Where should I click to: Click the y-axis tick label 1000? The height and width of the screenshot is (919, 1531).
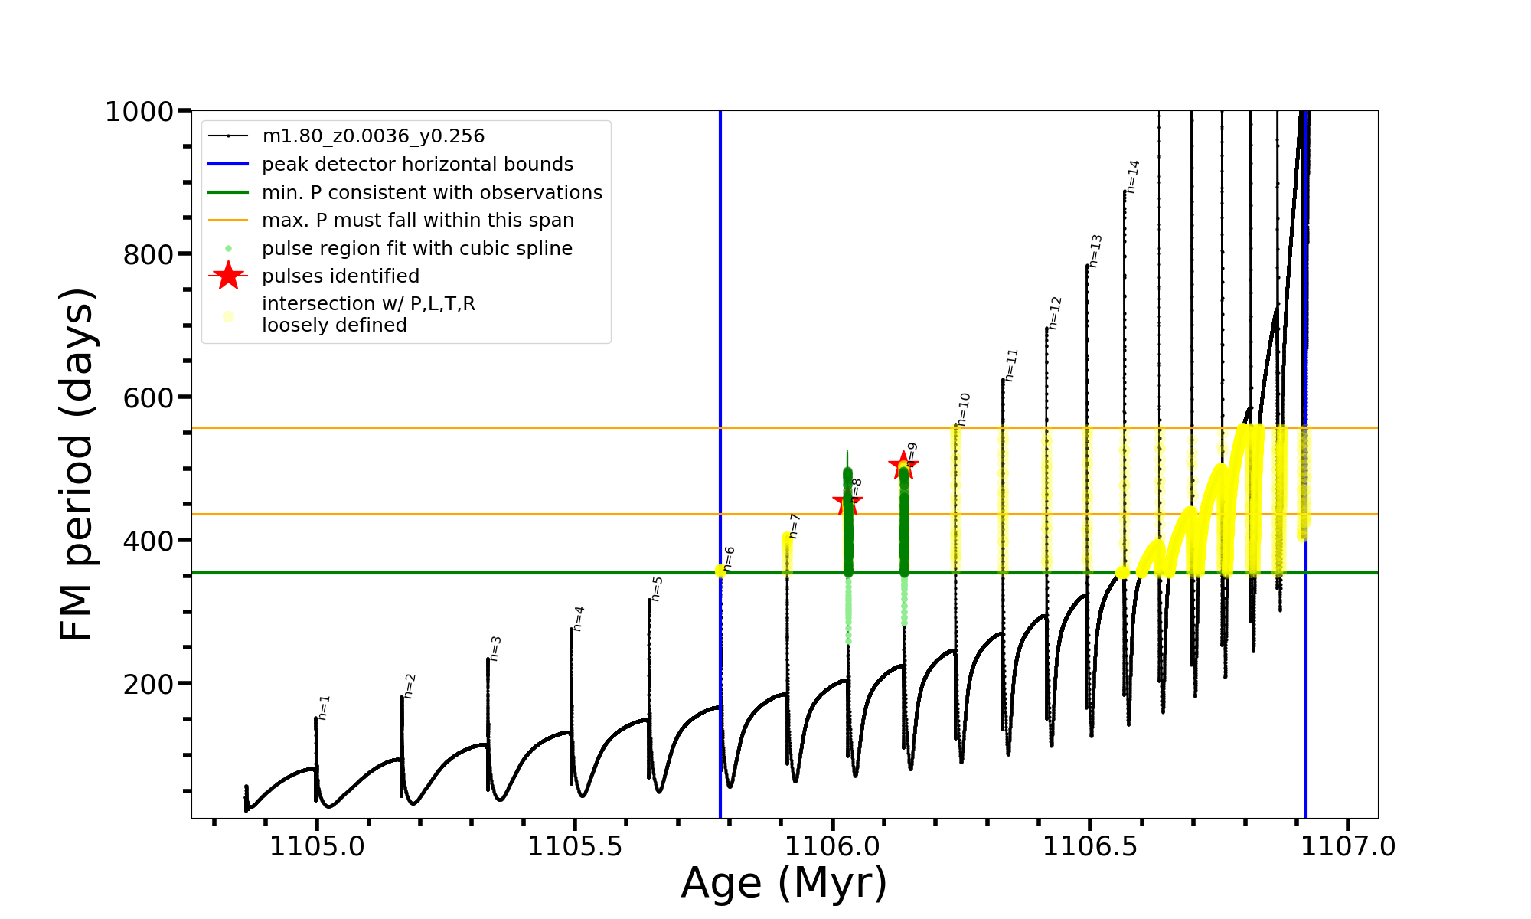point(139,112)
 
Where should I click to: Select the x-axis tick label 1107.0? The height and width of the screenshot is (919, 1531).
point(1348,846)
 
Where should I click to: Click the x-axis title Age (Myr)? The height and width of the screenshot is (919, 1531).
point(784,883)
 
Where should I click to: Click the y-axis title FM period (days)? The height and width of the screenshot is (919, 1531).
point(77,464)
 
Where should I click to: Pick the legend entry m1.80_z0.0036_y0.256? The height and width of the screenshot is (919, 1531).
point(373,136)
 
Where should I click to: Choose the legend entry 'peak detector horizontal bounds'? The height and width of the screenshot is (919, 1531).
point(417,165)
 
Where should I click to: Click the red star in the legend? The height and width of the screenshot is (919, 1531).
point(228,276)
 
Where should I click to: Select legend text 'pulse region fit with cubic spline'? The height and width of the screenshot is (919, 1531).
point(416,249)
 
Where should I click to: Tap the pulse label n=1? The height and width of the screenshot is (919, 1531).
point(324,708)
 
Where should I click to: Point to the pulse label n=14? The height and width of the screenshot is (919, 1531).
point(1133,176)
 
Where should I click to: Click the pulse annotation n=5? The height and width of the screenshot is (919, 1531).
point(657,589)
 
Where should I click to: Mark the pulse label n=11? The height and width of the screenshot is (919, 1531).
point(1011,365)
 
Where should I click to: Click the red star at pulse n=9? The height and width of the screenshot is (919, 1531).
point(903,465)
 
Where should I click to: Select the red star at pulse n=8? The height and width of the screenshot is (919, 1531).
point(847,503)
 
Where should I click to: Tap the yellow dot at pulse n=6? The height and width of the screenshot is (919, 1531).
point(720,571)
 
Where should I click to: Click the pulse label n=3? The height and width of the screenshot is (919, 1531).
point(495,648)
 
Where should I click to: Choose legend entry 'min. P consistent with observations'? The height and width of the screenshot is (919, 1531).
point(432,193)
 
